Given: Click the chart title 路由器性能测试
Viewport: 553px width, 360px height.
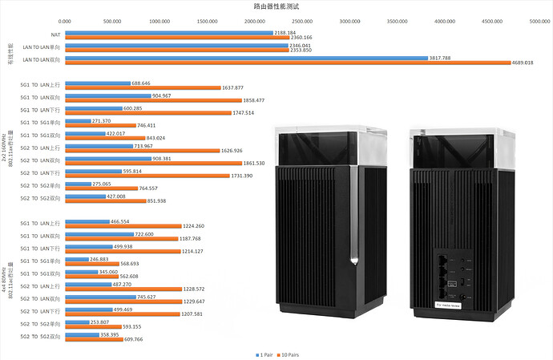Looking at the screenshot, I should [x=276, y=6].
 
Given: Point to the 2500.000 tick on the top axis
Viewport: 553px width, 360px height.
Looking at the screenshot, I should [x=302, y=22].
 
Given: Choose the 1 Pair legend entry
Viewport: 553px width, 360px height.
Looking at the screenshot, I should [x=264, y=352].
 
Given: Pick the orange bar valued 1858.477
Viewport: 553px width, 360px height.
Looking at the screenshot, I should [x=153, y=100].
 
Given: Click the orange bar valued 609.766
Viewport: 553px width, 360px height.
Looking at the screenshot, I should [x=94, y=338].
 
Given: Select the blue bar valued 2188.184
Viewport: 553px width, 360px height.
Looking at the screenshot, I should [x=169, y=33].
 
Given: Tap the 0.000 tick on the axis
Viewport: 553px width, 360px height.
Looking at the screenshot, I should [x=66, y=22].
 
